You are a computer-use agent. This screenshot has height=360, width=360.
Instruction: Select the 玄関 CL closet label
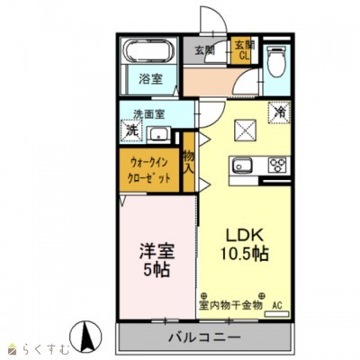point(243,49)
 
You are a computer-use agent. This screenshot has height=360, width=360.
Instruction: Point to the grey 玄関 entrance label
point(204,50)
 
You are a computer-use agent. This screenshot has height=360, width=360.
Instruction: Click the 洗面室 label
point(148,114)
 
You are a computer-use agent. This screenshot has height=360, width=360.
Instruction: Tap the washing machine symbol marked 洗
point(131,130)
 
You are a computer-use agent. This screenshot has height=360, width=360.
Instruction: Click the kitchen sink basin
point(243,165)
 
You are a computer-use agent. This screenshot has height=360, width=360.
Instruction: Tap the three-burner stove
point(276,165)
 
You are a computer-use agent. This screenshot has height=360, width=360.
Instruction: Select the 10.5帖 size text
point(246,253)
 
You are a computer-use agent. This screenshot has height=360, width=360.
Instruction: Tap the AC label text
point(277,306)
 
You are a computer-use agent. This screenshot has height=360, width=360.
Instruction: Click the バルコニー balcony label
point(203,339)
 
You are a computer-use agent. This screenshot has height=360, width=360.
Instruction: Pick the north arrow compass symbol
point(89,337)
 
